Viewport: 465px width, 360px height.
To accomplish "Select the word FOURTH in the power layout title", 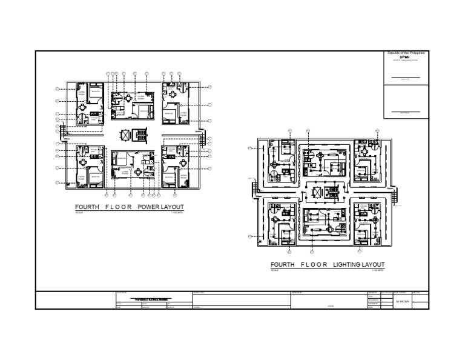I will [87, 207].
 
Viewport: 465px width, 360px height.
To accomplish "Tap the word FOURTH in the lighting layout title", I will [283, 265].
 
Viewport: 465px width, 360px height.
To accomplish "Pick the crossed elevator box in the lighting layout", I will [315, 192].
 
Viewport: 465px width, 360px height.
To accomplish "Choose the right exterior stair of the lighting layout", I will [394, 195].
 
